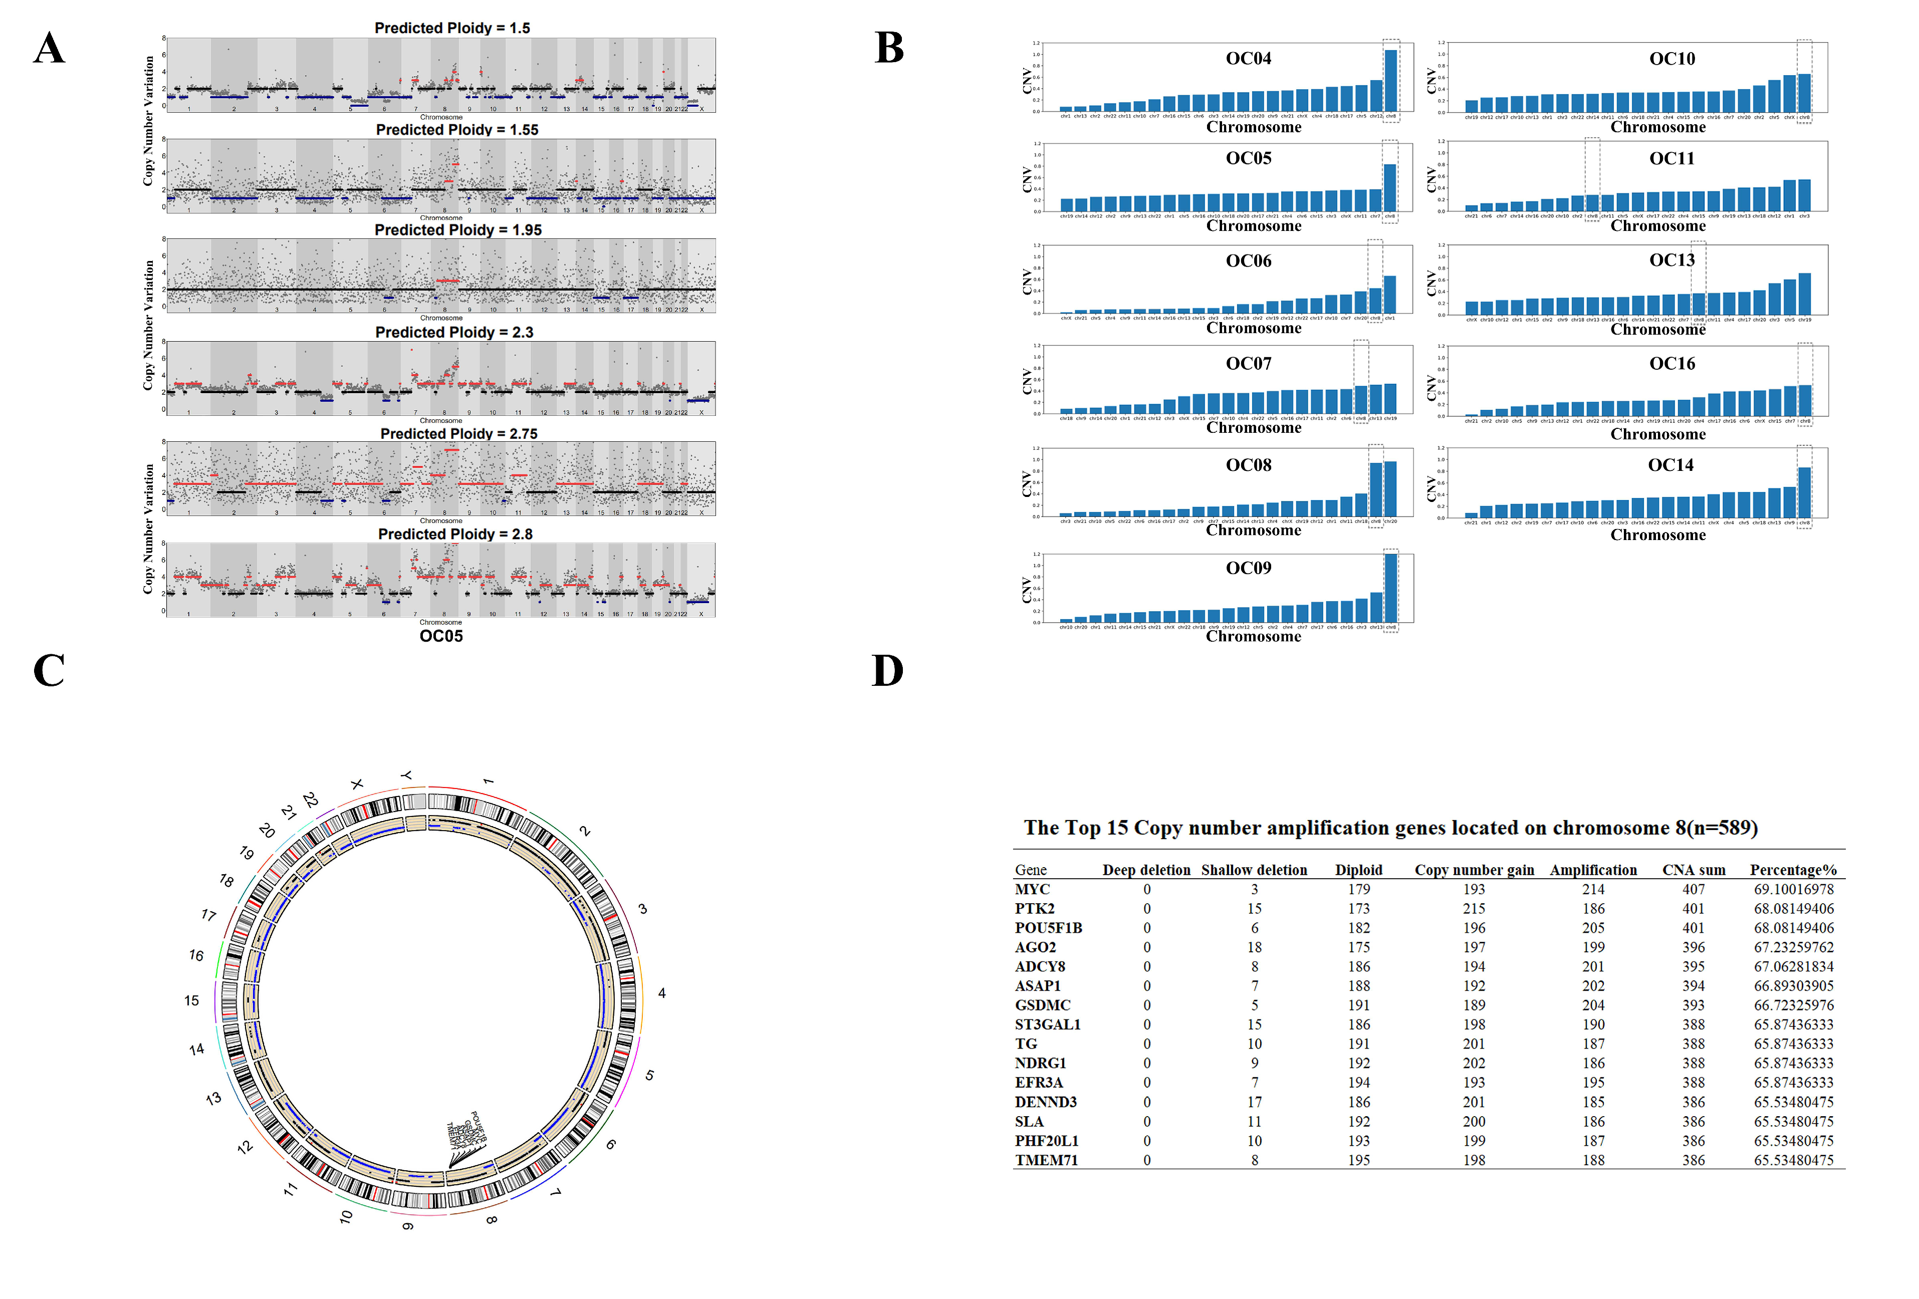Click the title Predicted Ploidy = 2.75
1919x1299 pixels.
[458, 433]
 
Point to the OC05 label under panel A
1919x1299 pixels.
[441, 636]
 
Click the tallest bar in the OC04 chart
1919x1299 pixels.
[1390, 80]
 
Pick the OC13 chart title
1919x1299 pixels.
[1671, 260]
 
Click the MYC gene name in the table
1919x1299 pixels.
[1032, 889]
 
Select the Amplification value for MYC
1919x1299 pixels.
[1593, 889]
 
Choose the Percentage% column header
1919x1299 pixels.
[1793, 870]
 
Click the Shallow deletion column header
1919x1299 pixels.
[1254, 870]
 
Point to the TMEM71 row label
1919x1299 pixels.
[1046, 1160]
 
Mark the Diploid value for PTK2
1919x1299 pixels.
[1358, 908]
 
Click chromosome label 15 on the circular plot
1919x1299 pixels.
[191, 1001]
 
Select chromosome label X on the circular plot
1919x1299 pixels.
[357, 784]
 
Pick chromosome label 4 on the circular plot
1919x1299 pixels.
[661, 993]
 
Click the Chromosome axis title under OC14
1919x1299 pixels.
[1657, 535]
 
